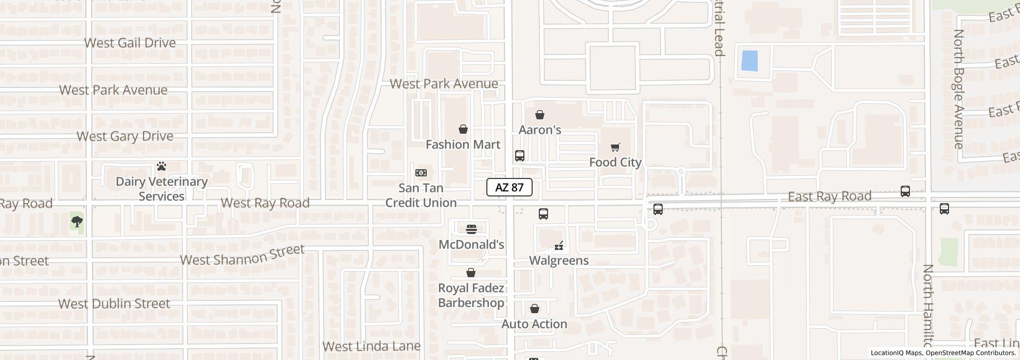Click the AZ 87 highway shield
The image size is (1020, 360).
(509, 188)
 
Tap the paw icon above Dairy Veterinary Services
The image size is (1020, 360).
(161, 167)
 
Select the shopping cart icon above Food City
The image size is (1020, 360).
(615, 148)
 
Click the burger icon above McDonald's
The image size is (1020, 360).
(471, 229)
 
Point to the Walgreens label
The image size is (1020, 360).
(559, 260)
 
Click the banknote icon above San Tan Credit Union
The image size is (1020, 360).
(421, 173)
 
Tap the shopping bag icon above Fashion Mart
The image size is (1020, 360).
(463, 129)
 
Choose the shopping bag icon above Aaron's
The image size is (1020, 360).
(539, 115)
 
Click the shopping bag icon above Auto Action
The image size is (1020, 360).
(534, 309)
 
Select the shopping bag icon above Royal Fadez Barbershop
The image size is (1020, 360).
(470, 273)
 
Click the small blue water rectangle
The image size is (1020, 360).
(749, 61)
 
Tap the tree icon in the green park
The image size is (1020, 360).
(77, 222)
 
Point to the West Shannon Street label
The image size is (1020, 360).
(242, 255)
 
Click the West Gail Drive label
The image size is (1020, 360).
(130, 43)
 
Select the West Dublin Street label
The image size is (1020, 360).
(114, 303)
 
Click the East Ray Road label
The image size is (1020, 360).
(829, 196)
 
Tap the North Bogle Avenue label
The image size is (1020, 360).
(958, 89)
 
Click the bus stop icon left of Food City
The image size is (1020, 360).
(519, 156)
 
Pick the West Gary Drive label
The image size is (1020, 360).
(125, 136)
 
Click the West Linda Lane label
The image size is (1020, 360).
(371, 346)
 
